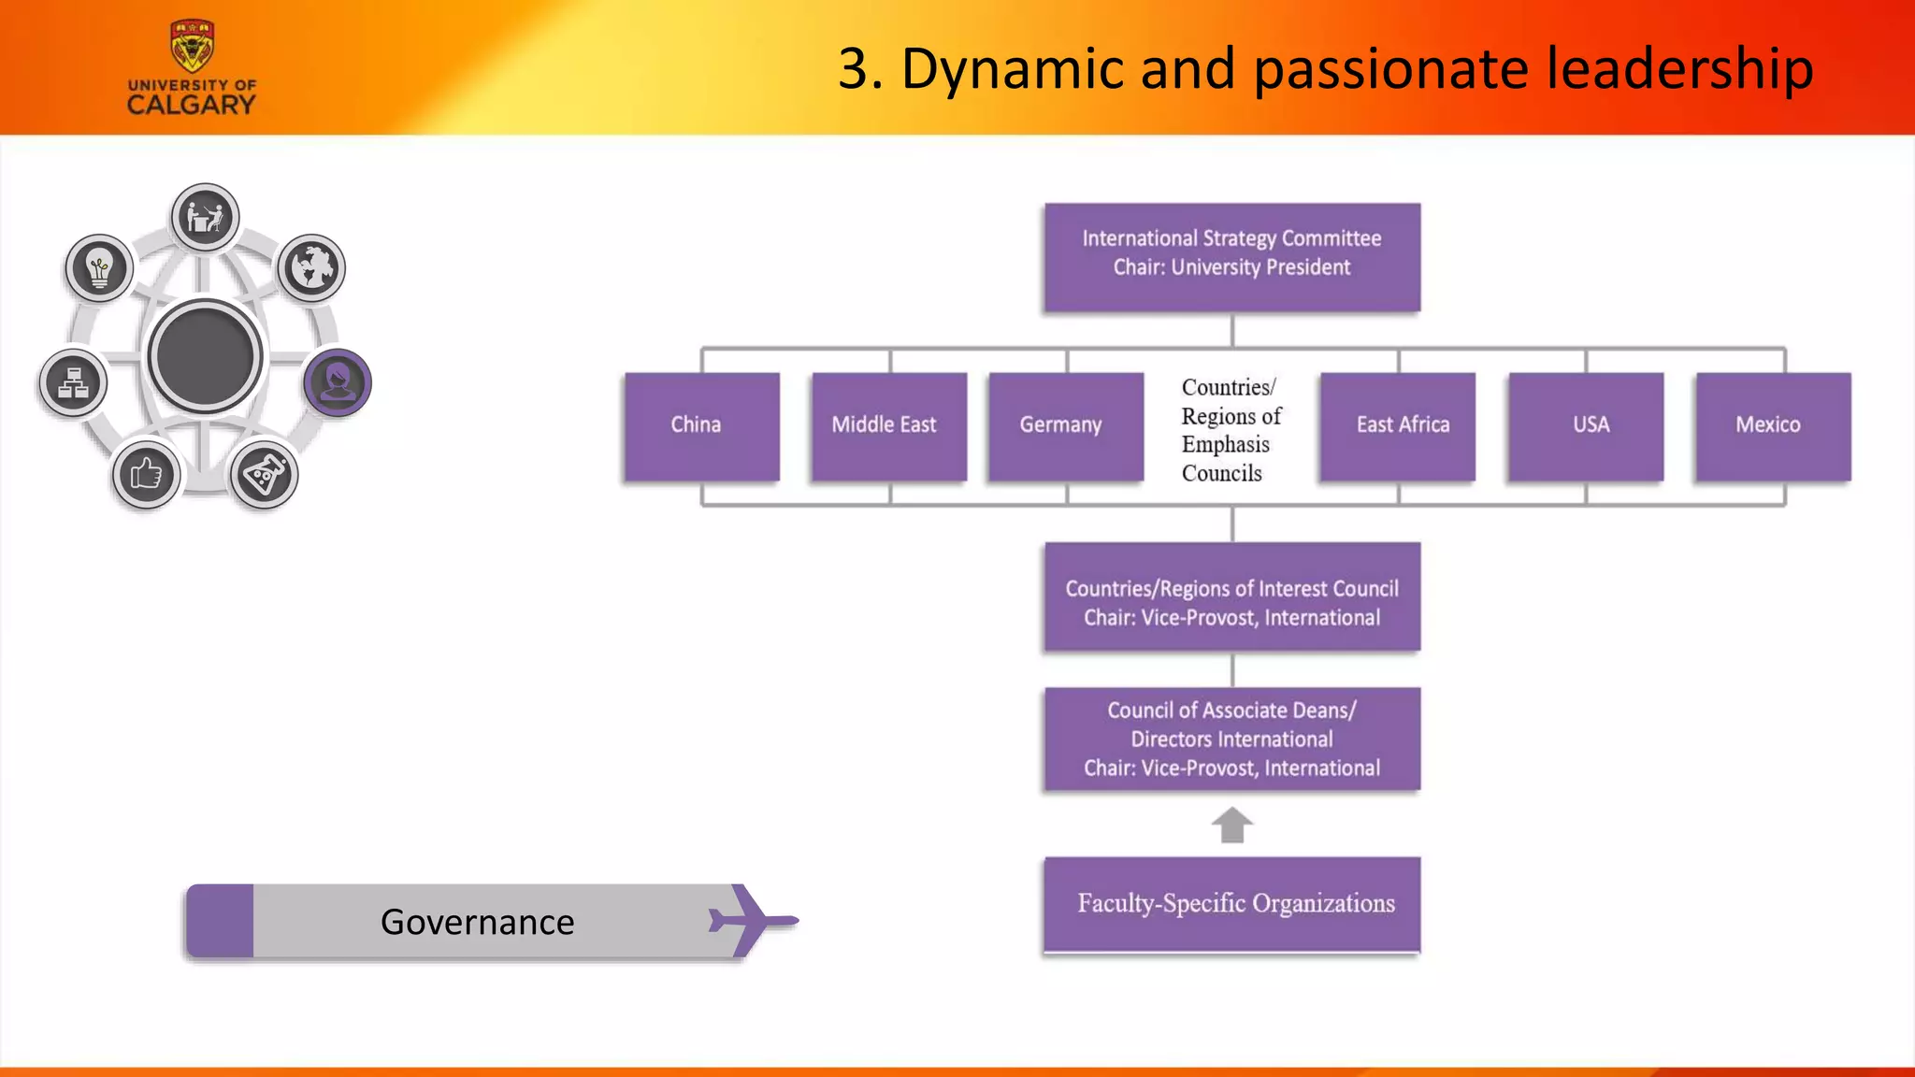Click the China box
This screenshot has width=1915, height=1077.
(x=701, y=426)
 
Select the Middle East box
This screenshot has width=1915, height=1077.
(x=888, y=426)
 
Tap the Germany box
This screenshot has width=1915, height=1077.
(x=1065, y=426)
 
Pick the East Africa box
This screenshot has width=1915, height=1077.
(x=1397, y=426)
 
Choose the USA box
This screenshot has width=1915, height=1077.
(x=1585, y=426)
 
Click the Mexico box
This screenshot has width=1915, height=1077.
(x=1772, y=426)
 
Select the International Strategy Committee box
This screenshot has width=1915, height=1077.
(x=1231, y=256)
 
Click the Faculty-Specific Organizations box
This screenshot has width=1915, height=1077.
(x=1231, y=904)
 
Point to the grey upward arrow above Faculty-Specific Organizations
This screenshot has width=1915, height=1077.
(x=1231, y=825)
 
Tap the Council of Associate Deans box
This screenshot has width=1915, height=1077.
(x=1231, y=740)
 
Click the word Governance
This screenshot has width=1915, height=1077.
(x=477, y=922)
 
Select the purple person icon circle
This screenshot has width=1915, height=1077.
(x=338, y=381)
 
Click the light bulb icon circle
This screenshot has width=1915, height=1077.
(x=99, y=268)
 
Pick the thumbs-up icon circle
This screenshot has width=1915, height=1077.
(x=146, y=475)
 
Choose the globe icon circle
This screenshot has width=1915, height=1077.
(x=311, y=268)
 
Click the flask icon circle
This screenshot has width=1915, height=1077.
(x=264, y=475)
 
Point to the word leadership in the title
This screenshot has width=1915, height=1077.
(x=1679, y=69)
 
